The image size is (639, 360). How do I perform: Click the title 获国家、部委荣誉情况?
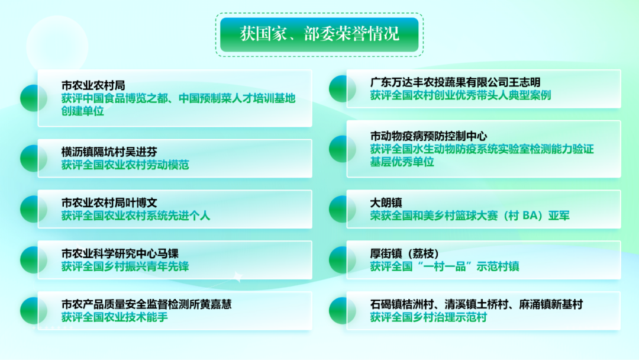coord(319,34)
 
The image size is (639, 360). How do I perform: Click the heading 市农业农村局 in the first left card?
coord(93,86)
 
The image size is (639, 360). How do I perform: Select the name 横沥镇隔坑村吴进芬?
coord(109,152)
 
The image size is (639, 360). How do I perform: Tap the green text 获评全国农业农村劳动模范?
coord(125,165)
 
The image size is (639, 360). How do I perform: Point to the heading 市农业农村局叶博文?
coord(109,202)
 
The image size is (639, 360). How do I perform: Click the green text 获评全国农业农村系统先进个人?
coord(135,216)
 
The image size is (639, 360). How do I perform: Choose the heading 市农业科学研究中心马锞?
coord(120,253)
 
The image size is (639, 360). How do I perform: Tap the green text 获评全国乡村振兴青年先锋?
coord(125,266)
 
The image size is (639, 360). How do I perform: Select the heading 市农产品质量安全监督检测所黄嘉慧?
coord(146,304)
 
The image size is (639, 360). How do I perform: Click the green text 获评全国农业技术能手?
coord(115,317)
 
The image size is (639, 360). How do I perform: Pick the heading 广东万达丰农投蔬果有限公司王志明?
coord(455,82)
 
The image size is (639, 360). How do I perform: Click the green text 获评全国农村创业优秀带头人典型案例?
coord(460,95)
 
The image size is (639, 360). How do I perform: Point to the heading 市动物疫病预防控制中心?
coord(428,136)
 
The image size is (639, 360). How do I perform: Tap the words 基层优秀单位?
coord(402,162)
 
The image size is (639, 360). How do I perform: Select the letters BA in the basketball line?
coord(530,216)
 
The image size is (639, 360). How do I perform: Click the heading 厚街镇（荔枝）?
coord(405,253)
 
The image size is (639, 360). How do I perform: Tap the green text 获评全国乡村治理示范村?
coord(428,317)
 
